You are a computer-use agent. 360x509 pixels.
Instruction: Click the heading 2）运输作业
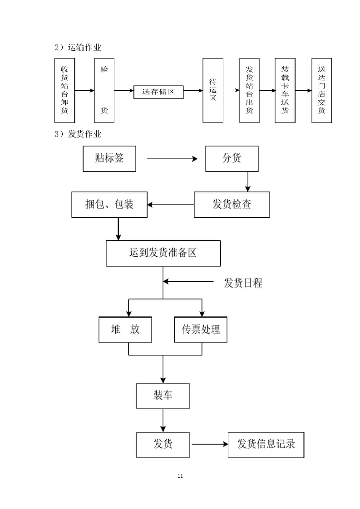click(78, 48)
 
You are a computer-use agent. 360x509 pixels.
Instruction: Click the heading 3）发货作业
click(78, 134)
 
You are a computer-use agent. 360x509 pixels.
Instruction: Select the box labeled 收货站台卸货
click(64, 90)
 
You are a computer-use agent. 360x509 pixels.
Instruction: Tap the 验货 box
click(104, 90)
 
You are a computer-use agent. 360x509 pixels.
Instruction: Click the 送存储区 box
click(158, 92)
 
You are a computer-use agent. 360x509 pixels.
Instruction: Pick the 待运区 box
click(212, 90)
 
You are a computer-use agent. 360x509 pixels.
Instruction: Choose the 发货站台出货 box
click(249, 90)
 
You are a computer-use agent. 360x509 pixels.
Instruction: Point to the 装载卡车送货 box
click(285, 90)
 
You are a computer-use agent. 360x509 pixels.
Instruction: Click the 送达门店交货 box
click(321, 90)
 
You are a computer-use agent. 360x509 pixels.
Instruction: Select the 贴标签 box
click(109, 158)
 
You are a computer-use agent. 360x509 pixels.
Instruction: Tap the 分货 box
click(232, 158)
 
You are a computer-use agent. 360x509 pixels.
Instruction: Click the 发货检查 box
click(232, 205)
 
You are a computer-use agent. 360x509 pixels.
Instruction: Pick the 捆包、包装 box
click(109, 205)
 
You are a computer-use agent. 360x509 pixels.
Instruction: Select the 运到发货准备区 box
click(163, 253)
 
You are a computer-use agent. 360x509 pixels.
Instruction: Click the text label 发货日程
click(243, 283)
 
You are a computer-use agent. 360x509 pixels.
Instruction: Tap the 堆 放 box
click(125, 329)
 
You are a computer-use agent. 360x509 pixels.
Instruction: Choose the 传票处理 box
click(201, 329)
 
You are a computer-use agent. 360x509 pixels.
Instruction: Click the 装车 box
click(163, 396)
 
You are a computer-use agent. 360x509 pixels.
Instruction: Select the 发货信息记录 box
click(266, 444)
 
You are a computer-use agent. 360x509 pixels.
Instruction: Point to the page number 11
click(180, 476)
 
